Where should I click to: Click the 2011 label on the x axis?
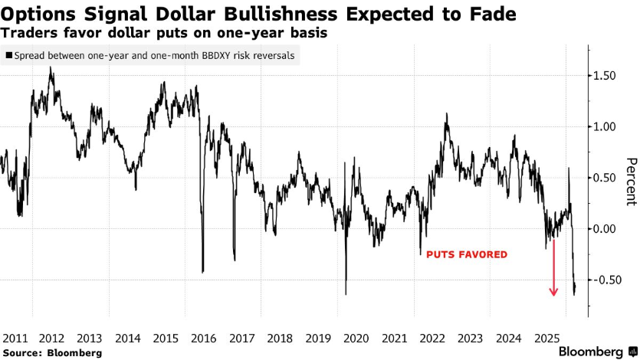pos(15,338)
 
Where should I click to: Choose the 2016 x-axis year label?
pos(204,338)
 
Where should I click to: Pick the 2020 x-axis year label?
pos(356,338)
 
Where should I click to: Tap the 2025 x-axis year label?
pos(547,338)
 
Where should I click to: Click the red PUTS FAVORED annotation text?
pos(467,254)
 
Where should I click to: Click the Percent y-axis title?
pos(631,182)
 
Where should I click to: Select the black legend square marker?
pos(8,56)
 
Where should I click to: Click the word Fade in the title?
pos(491,14)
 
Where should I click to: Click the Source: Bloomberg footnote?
pos(52,352)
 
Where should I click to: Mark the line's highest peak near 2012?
pos(51,67)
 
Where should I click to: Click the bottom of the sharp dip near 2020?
pos(346,293)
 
